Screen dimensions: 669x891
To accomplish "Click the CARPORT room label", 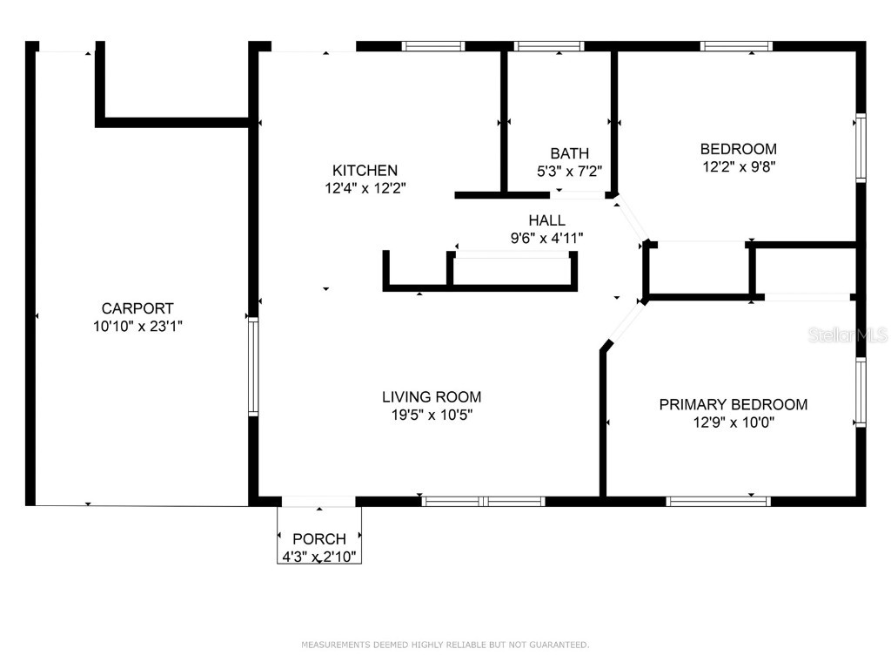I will (137, 308).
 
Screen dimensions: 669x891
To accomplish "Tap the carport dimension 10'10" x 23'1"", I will (137, 326).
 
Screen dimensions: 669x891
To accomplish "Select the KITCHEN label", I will (365, 171).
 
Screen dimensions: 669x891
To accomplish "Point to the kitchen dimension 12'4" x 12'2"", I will (365, 187).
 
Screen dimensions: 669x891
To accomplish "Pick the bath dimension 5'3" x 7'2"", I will (569, 172).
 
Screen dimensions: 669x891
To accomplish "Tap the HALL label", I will (546, 220).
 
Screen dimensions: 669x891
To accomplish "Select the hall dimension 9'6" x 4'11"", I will (546, 237).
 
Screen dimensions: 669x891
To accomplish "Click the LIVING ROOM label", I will (432, 397).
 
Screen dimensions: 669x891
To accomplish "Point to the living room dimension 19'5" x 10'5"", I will (432, 415).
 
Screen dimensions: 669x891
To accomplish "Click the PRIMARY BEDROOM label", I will (733, 404).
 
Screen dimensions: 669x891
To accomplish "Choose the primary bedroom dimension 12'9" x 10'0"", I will (733, 422).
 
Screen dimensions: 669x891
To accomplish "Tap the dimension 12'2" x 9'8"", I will (739, 166).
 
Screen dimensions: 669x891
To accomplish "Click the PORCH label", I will (319, 539).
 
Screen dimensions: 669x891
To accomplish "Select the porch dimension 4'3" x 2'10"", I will (319, 556).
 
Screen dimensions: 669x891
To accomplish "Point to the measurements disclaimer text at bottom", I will (445, 645).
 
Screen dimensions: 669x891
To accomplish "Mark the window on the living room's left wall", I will (253, 366).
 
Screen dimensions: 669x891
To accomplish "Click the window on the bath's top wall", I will (548, 46).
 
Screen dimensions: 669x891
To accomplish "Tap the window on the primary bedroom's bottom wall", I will (718, 501).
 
